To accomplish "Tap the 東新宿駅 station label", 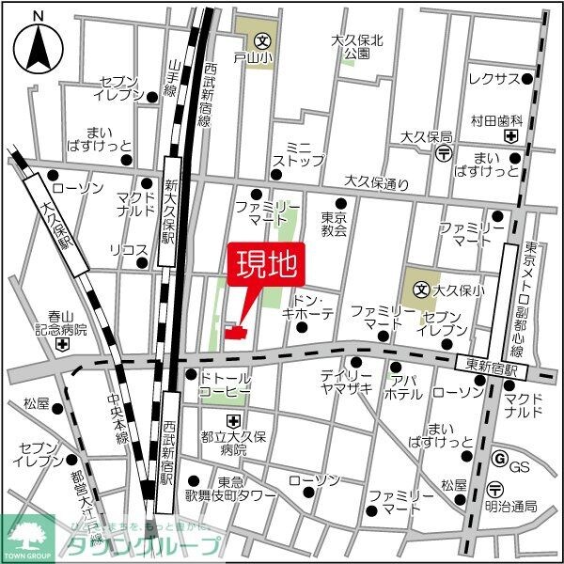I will click(x=490, y=361).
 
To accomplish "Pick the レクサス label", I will click(x=493, y=78).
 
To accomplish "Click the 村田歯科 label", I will click(x=495, y=120).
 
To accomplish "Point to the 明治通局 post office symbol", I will click(x=494, y=487).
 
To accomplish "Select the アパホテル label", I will click(x=407, y=389).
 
